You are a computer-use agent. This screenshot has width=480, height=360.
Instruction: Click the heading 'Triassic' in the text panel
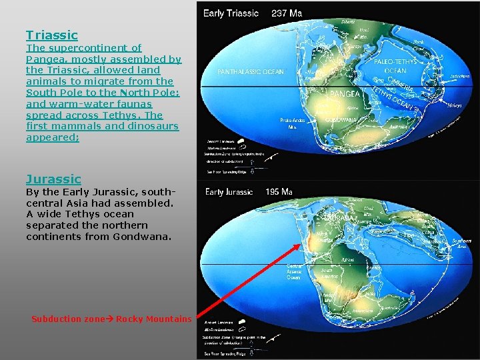point(52,35)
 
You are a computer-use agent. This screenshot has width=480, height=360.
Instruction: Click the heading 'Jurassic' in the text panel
point(53,179)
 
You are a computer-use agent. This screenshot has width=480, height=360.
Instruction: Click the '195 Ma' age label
point(279,192)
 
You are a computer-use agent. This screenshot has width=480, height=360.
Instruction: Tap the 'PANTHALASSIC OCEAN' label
point(250,72)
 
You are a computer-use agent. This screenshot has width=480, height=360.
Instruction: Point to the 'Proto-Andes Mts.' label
point(292,123)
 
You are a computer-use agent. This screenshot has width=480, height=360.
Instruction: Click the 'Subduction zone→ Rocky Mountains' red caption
point(111,319)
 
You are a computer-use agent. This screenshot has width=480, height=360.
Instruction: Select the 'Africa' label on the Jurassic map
point(347,261)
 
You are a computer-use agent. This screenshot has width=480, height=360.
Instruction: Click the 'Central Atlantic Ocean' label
point(294,271)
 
